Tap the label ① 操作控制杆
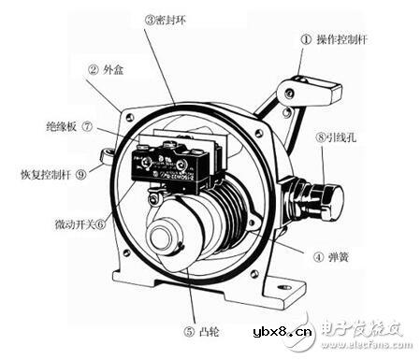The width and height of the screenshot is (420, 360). [340, 39]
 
